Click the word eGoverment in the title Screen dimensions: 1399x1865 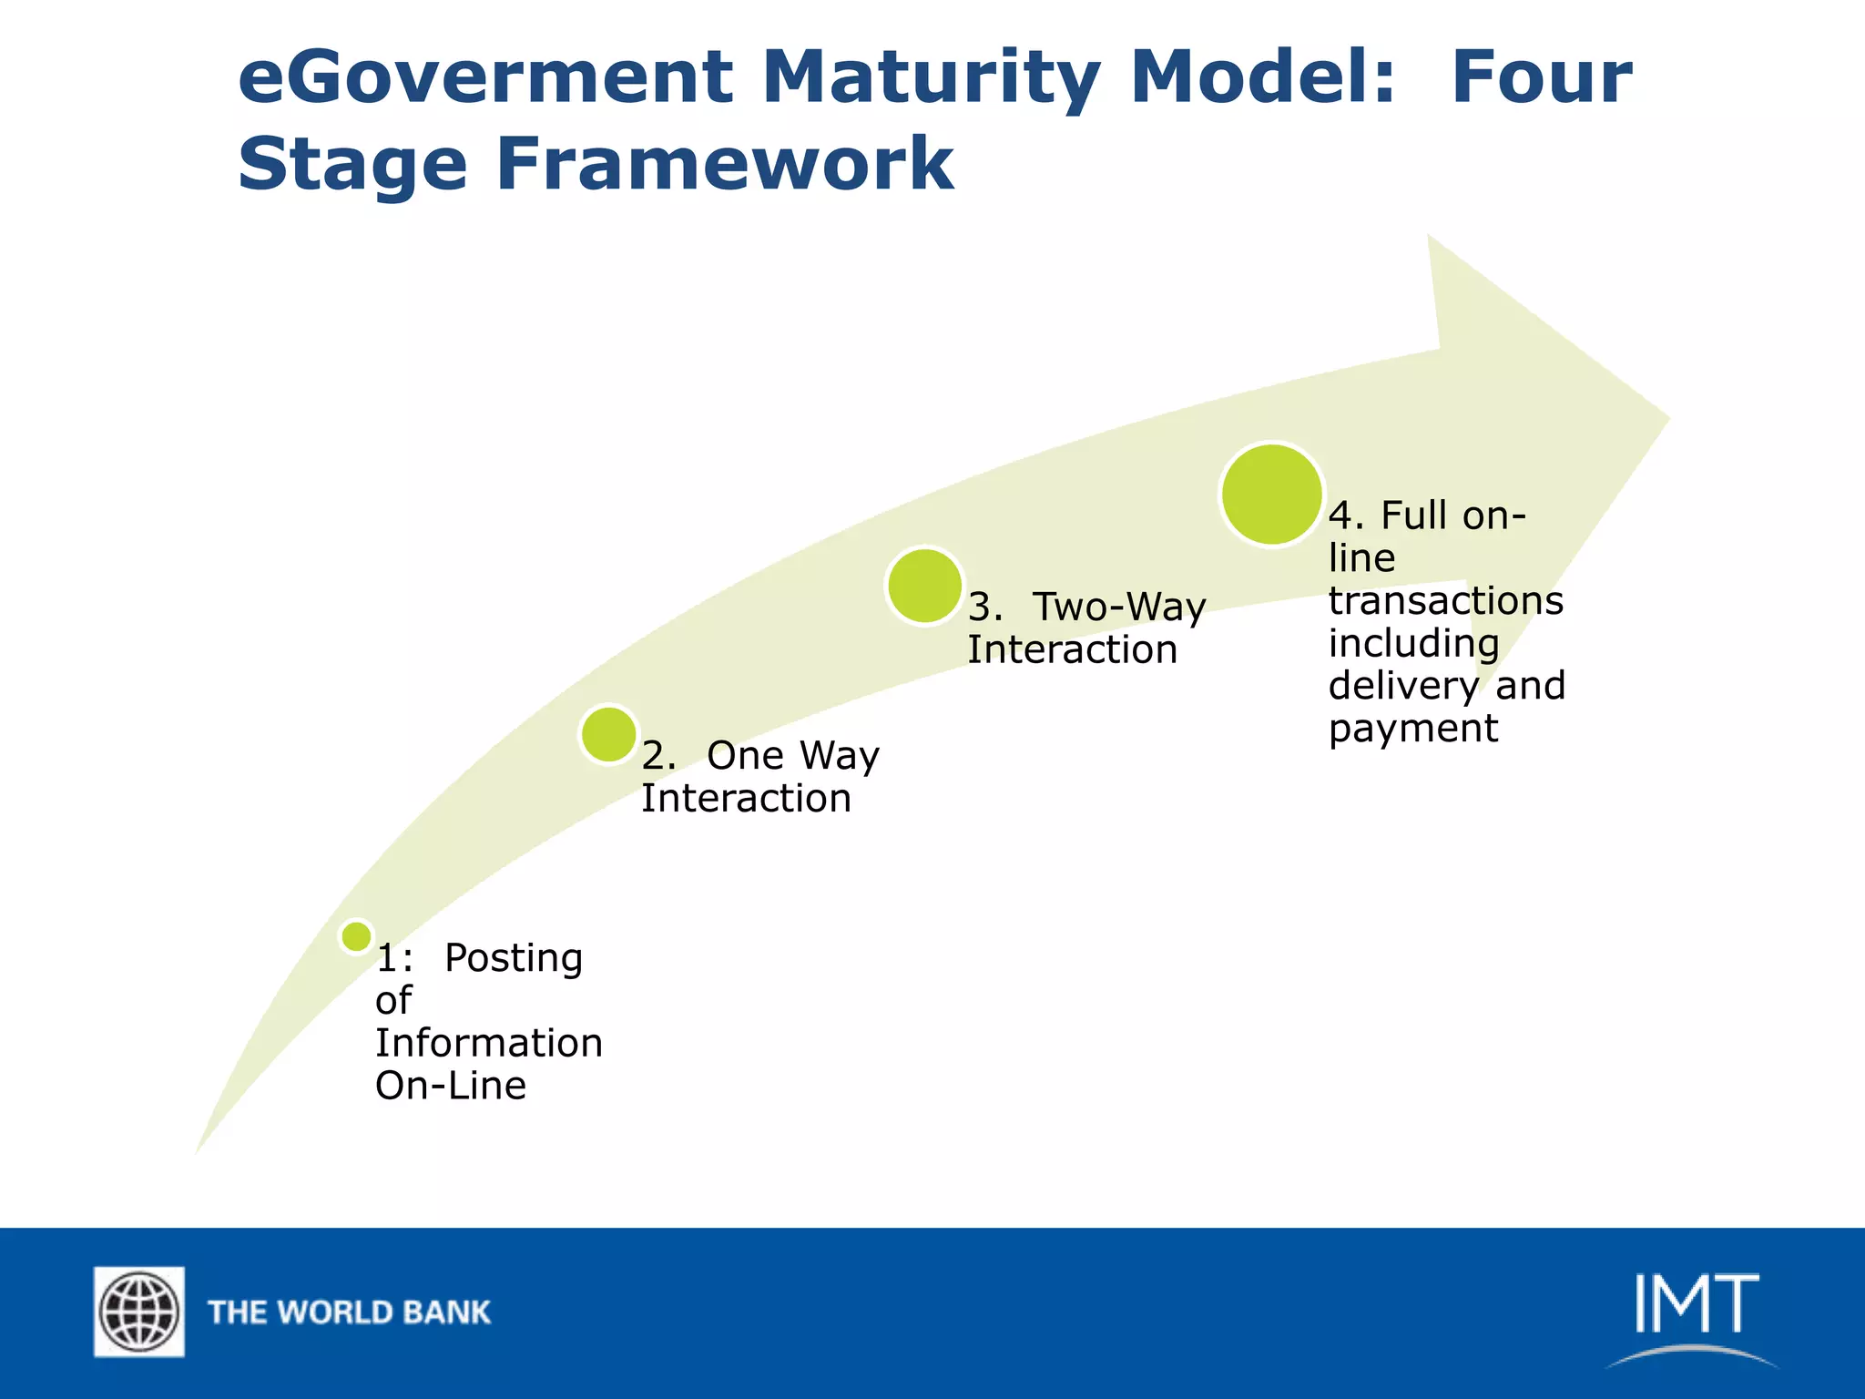484,77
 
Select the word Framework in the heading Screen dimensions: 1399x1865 724,164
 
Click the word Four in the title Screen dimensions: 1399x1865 1541,77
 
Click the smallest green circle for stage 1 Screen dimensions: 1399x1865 356,935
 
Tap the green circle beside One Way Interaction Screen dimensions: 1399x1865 608,734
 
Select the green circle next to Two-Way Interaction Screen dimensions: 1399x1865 924,586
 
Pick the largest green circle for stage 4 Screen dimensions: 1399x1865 1271,495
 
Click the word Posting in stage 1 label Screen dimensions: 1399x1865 514,958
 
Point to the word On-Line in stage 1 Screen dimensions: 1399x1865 451,1086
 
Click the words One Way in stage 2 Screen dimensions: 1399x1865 792,756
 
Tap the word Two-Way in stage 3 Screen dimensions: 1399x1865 1119,608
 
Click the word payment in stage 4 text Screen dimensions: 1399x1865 1412,729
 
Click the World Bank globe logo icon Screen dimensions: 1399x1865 139,1312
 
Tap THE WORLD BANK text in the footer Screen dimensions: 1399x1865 349,1312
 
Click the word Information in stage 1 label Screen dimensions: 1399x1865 489,1044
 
